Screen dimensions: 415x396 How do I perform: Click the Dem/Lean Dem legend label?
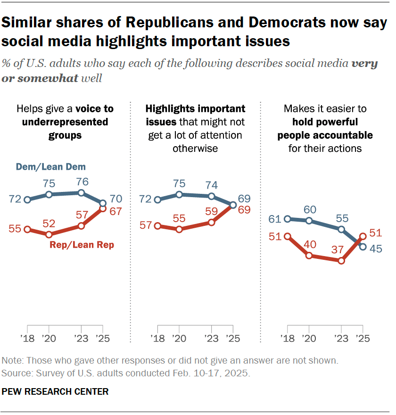[x=50, y=167]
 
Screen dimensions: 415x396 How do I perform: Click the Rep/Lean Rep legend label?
[x=82, y=245]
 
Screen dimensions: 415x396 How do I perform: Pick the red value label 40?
[x=309, y=244]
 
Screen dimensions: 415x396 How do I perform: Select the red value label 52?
[x=49, y=223]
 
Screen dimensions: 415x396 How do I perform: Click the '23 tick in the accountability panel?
[x=341, y=338]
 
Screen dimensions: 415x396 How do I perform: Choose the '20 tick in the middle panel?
[x=179, y=338]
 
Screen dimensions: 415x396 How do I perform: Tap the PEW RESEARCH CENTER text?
[x=55, y=391]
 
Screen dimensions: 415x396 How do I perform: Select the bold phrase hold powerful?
[x=325, y=122]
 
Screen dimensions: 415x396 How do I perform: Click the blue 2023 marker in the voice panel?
[x=81, y=192]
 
